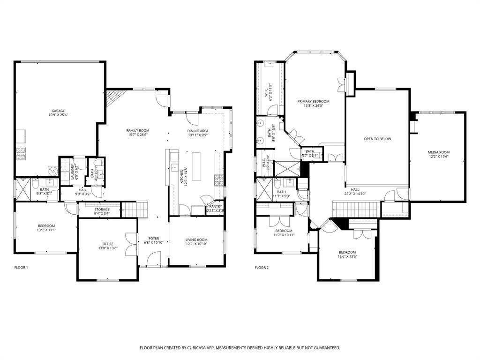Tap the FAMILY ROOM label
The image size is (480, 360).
coord(137,130)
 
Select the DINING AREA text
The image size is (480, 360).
coord(198,130)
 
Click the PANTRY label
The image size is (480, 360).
coord(216,206)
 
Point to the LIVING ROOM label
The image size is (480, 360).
coord(196,240)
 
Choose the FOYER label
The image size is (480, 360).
coord(154,239)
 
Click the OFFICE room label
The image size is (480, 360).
coord(108,244)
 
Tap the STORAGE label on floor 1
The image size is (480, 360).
coord(102,210)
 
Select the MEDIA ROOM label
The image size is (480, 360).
coord(438,152)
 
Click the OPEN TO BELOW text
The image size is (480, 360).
coord(377,139)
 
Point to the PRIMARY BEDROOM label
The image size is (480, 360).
coord(313,101)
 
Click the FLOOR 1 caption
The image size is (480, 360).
coord(21,268)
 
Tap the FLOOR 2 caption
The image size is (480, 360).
coord(262,268)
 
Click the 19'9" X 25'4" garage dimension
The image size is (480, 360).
coord(58,115)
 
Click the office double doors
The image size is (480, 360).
coord(131,244)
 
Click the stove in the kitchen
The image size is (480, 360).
coord(218,179)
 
